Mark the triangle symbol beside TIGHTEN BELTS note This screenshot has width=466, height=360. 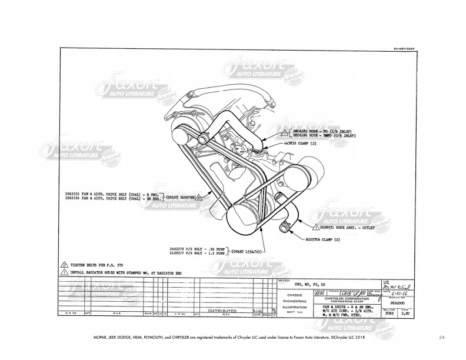(64, 265)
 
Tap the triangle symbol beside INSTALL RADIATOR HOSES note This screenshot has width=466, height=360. (64, 272)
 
